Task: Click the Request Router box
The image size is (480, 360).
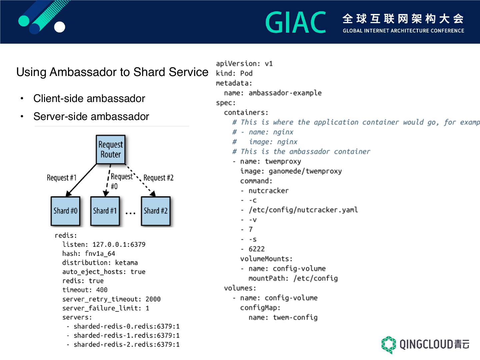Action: (111, 150)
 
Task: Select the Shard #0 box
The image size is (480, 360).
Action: (65, 211)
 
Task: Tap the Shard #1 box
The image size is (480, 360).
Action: (105, 211)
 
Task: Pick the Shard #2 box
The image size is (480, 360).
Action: (156, 211)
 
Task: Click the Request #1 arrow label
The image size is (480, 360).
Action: (62, 178)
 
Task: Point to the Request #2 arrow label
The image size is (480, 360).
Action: (158, 178)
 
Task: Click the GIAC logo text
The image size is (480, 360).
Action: (296, 23)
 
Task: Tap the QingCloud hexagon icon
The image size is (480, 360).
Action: (388, 344)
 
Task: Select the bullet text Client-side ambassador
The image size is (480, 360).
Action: (89, 99)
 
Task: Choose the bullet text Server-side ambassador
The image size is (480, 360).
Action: (91, 117)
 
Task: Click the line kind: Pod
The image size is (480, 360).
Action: (234, 73)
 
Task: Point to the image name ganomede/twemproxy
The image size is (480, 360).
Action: (305, 171)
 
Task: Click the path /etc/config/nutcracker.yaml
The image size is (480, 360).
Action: (303, 210)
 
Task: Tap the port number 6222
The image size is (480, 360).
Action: (256, 249)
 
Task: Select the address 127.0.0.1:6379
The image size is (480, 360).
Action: (119, 245)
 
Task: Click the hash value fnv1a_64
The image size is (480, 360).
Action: (100, 254)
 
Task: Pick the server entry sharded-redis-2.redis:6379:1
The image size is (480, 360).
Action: (126, 345)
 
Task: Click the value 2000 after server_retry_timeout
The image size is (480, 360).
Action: (153, 299)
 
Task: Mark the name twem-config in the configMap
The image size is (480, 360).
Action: (295, 318)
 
